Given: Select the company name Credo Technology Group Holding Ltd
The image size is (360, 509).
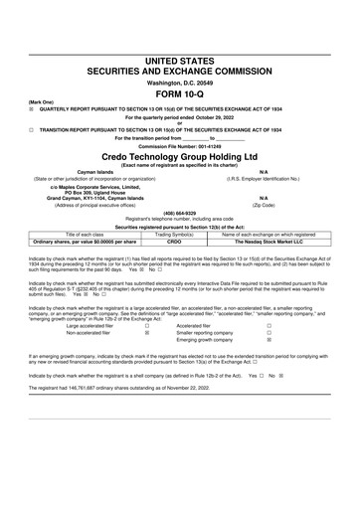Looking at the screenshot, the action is click(180, 158).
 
